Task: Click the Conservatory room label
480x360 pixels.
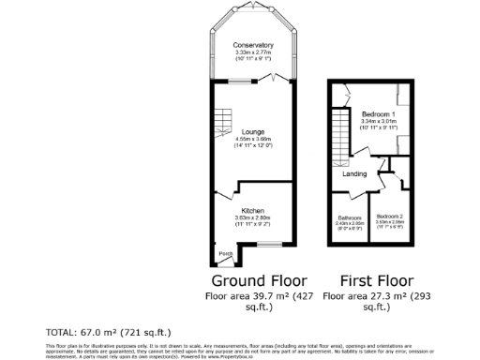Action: coord(253,45)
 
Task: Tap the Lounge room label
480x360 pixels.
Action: coord(253,132)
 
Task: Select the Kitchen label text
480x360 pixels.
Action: coord(253,211)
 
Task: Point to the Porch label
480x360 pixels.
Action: coord(225,253)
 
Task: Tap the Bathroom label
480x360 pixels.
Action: coord(349,217)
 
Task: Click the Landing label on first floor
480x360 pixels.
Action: coord(354,174)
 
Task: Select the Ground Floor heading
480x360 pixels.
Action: coord(253,281)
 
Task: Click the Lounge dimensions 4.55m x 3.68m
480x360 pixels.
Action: coord(253,140)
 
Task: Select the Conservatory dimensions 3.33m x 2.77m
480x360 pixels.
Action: coord(253,52)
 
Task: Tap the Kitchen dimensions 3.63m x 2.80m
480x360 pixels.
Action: coord(253,218)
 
